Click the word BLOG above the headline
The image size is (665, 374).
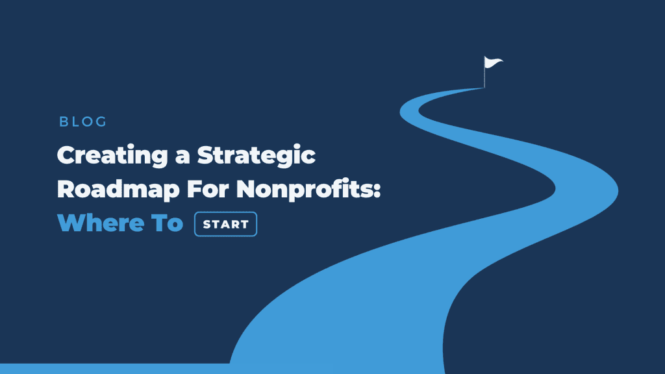pyautogui.click(x=82, y=121)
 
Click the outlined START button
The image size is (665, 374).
pyautogui.click(x=225, y=225)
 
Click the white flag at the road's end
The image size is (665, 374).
pyautogui.click(x=493, y=63)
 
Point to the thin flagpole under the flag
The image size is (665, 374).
pyautogui.click(x=484, y=78)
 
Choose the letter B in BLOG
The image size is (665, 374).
pyautogui.click(x=63, y=121)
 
